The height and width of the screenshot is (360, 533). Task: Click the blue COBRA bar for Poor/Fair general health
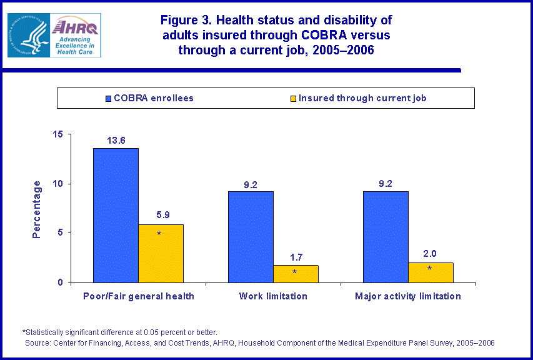coord(116,216)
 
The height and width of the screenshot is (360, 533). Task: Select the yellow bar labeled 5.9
coord(161,254)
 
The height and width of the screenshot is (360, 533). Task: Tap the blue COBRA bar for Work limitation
coord(251,237)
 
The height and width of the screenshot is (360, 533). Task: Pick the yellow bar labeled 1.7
coord(296,274)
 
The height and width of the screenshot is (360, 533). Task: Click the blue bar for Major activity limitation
coord(386,237)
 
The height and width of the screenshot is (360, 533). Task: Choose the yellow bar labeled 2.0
coord(431,272)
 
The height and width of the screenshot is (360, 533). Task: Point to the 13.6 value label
coord(116,141)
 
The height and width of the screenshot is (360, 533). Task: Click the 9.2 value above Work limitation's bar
coord(251,184)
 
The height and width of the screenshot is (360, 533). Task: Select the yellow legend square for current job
coord(292,98)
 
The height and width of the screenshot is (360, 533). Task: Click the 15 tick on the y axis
coord(57,134)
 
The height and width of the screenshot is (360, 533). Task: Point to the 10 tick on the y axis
coord(57,184)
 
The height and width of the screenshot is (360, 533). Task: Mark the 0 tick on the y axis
coord(59,282)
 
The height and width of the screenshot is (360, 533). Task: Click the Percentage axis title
coord(37,209)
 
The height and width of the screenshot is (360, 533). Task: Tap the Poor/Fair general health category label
coord(138,296)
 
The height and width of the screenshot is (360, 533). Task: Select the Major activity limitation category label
coord(408,296)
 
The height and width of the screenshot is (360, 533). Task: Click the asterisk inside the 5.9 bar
coord(159,234)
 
